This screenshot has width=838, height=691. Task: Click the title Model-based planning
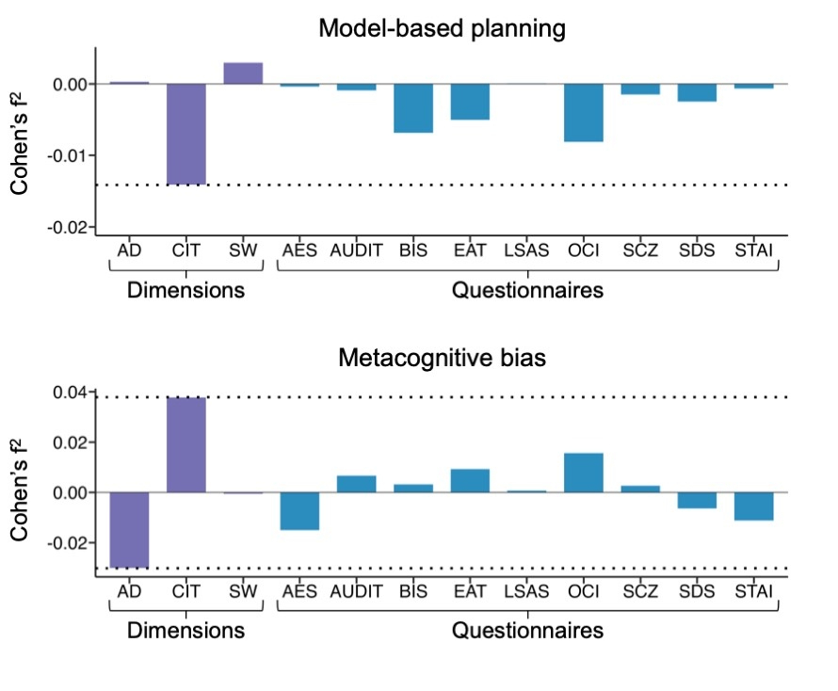point(442,28)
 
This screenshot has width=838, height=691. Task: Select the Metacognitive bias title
point(442,358)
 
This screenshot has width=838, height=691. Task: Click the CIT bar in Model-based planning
point(186,134)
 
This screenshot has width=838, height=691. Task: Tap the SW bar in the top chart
point(243,73)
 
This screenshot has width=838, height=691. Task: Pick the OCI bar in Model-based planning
point(584,113)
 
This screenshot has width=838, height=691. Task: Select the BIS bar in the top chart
point(413,108)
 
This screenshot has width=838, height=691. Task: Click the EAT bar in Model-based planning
point(470,102)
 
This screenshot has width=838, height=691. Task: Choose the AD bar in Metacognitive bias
point(129,530)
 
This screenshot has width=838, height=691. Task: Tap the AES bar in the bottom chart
point(299,511)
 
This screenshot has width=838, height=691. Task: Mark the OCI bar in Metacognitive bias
point(584,473)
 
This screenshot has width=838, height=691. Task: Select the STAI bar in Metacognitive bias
point(754,506)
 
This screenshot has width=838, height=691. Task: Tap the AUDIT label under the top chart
point(356,251)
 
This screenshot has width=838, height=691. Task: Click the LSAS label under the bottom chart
point(526,592)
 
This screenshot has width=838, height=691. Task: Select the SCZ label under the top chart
point(640,251)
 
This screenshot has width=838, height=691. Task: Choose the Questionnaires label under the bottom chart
point(527,631)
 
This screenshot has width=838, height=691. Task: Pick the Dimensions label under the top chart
point(185,290)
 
